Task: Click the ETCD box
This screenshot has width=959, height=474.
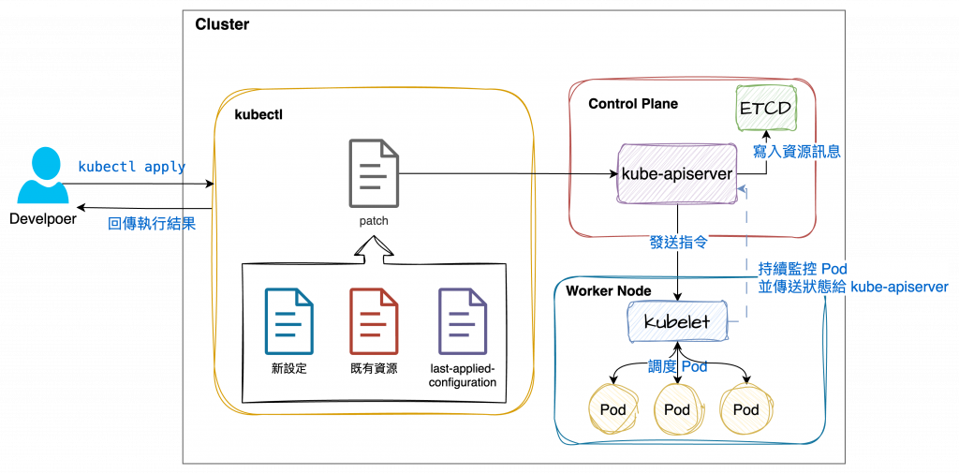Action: click(765, 108)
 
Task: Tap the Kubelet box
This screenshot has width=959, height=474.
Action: click(677, 321)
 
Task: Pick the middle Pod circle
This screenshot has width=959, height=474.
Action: click(677, 409)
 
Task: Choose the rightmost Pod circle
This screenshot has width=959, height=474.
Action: click(746, 409)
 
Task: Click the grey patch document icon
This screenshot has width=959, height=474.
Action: click(372, 172)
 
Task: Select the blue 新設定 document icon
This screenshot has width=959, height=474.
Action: click(288, 319)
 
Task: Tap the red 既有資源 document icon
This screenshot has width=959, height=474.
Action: click(373, 319)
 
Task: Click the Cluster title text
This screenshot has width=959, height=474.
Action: click(222, 23)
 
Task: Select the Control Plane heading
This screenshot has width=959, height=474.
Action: click(633, 103)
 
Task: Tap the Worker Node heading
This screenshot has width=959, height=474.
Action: click(609, 290)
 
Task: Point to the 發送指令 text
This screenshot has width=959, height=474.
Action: click(678, 242)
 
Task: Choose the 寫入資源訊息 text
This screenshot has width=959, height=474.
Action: click(796, 151)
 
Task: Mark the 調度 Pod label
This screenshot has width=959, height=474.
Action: click(677, 366)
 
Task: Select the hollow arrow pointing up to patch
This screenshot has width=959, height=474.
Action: click(372, 249)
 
